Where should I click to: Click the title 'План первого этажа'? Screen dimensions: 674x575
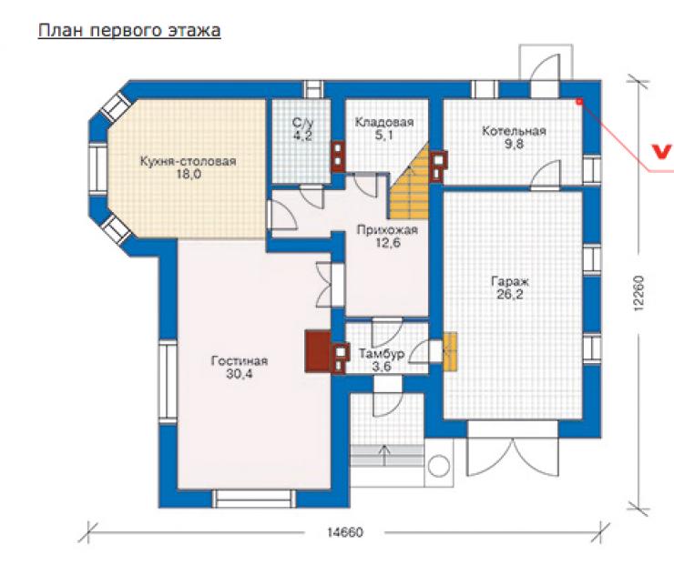pyautogui.click(x=129, y=31)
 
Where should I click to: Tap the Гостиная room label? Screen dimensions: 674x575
pyautogui.click(x=239, y=360)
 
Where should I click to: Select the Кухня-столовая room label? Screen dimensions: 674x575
pyautogui.click(x=188, y=161)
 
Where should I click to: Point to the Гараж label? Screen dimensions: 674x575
pyautogui.click(x=510, y=282)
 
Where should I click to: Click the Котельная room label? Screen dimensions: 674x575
pyautogui.click(x=514, y=131)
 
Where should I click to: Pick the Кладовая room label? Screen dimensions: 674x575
pyautogui.click(x=384, y=123)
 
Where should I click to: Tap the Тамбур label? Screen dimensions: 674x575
pyautogui.click(x=382, y=354)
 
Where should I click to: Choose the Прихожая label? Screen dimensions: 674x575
pyautogui.click(x=387, y=230)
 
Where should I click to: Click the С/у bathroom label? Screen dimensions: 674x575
pyautogui.click(x=302, y=123)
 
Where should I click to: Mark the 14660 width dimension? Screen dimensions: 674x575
pyautogui.click(x=344, y=532)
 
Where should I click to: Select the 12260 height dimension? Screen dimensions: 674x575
pyautogui.click(x=638, y=293)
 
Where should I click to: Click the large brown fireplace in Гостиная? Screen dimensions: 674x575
pyautogui.click(x=318, y=351)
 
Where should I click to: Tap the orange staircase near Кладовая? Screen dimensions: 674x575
pyautogui.click(x=410, y=183)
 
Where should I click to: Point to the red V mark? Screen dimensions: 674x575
pyautogui.click(x=661, y=152)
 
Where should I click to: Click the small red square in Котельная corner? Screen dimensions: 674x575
pyautogui.click(x=579, y=102)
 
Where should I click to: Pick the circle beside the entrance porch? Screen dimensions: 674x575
pyautogui.click(x=439, y=466)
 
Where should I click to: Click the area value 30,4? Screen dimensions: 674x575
pyautogui.click(x=239, y=374)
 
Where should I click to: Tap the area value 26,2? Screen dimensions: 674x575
pyautogui.click(x=509, y=295)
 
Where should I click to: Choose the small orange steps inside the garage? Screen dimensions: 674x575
pyautogui.click(x=450, y=351)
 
